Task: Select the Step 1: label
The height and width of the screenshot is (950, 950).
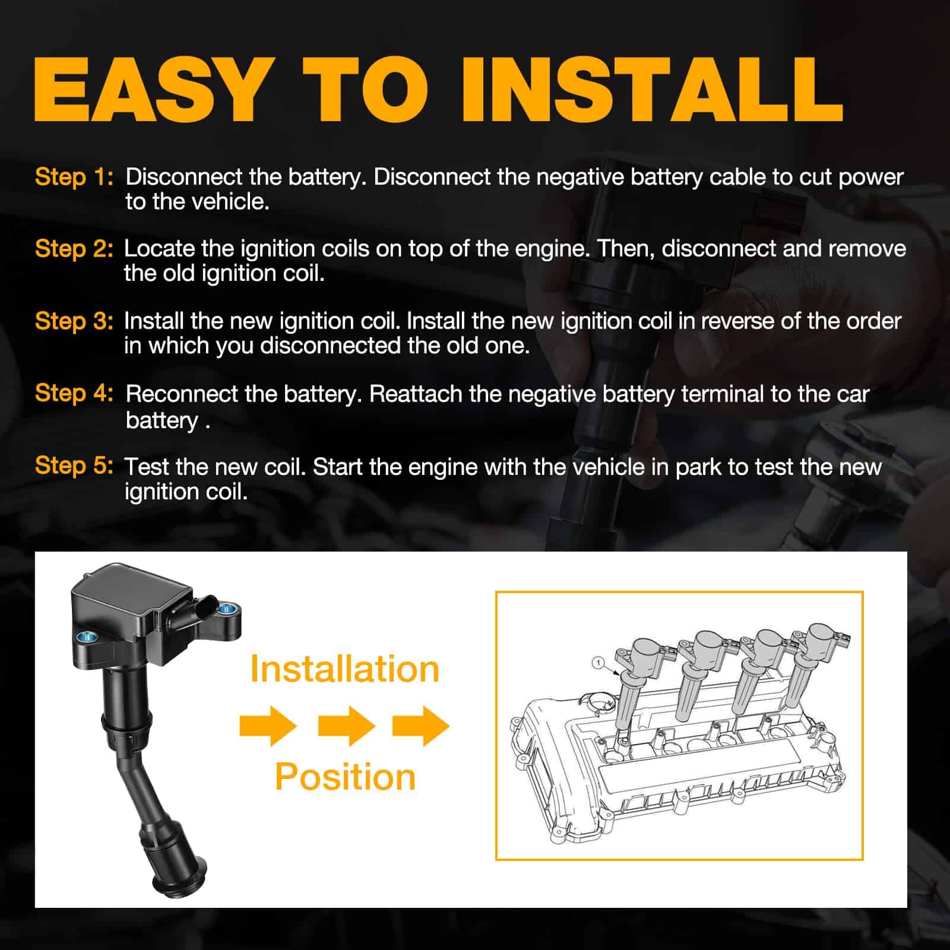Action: (74, 177)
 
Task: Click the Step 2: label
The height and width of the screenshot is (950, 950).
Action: (74, 249)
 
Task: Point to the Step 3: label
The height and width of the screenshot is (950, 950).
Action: (74, 321)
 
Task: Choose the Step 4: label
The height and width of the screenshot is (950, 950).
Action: (74, 393)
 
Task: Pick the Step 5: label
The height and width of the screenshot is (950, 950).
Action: (74, 465)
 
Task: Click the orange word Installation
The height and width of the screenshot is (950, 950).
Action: (344, 669)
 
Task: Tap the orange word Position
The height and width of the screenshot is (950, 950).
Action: (345, 777)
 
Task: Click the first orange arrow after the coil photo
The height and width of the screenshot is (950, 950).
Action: (268, 726)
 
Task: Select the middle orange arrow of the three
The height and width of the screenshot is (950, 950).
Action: (347, 726)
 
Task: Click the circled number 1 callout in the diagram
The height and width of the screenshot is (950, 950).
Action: (598, 663)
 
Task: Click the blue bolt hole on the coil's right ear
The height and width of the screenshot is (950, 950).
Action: (225, 609)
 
